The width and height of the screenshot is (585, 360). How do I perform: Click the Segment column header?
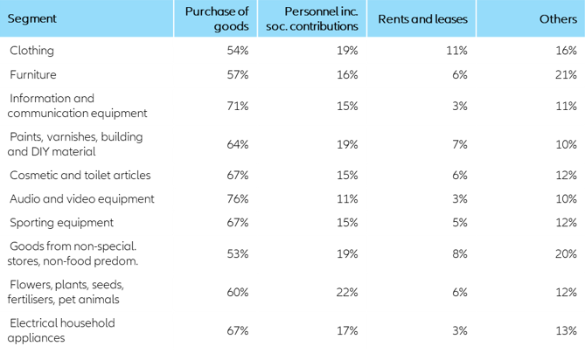tap(32, 18)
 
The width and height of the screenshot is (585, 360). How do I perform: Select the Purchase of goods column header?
tap(217, 18)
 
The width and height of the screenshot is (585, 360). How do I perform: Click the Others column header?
tap(558, 18)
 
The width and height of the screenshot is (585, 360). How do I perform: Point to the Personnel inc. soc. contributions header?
tap(320, 18)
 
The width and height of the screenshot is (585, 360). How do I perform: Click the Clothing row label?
tap(33, 51)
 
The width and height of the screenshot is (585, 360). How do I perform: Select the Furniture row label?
tap(33, 75)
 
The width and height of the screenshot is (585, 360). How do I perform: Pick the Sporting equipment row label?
tap(61, 223)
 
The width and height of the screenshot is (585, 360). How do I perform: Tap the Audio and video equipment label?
tap(81, 198)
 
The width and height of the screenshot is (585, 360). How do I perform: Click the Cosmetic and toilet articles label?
tap(80, 174)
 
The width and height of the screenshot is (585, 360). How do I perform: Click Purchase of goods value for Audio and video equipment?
tap(237, 198)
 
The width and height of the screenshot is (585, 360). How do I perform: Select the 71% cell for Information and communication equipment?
tap(237, 106)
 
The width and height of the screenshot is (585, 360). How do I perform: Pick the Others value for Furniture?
tap(566, 75)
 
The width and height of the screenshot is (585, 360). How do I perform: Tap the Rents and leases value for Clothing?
tap(456, 51)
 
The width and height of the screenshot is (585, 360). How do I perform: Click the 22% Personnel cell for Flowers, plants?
tap(346, 292)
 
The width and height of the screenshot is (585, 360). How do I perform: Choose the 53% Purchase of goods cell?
tap(237, 253)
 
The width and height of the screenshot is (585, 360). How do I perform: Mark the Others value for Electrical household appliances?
tap(566, 330)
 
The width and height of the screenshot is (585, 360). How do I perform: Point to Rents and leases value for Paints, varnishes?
tap(460, 144)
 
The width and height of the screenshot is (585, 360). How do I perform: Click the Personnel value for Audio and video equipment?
tap(347, 198)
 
